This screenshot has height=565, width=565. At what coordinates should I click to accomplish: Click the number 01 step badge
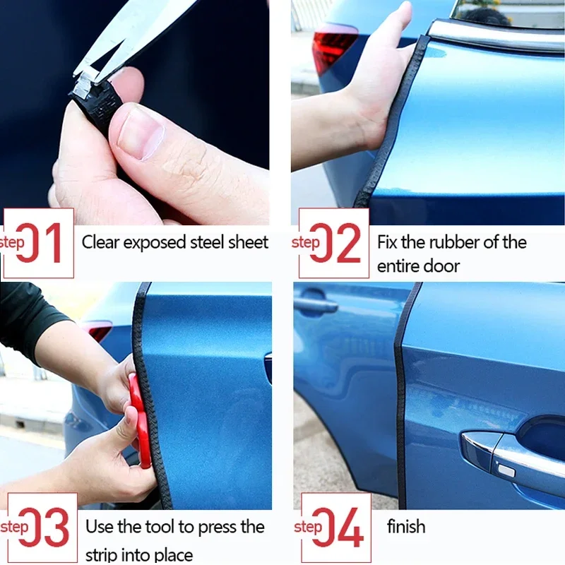(x=39, y=243)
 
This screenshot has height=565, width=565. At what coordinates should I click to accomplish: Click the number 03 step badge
(x=39, y=528)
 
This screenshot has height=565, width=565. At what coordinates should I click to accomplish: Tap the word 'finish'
(x=406, y=526)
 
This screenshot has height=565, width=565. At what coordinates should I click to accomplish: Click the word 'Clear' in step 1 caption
(x=100, y=242)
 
